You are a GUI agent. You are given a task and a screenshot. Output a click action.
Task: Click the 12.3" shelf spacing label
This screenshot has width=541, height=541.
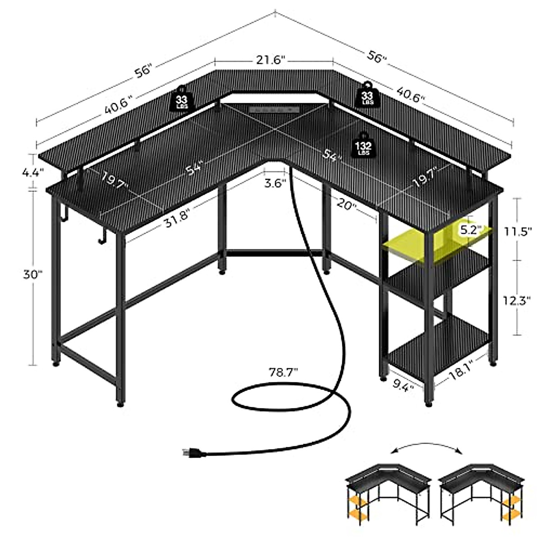click(x=518, y=300)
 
